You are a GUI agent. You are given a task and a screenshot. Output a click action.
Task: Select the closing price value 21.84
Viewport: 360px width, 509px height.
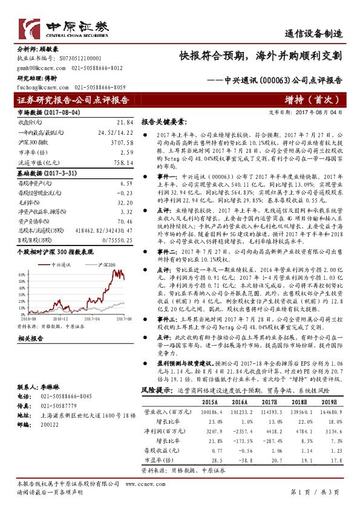click(x=124, y=122)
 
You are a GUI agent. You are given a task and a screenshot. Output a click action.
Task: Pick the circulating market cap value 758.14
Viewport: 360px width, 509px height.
click(x=123, y=163)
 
